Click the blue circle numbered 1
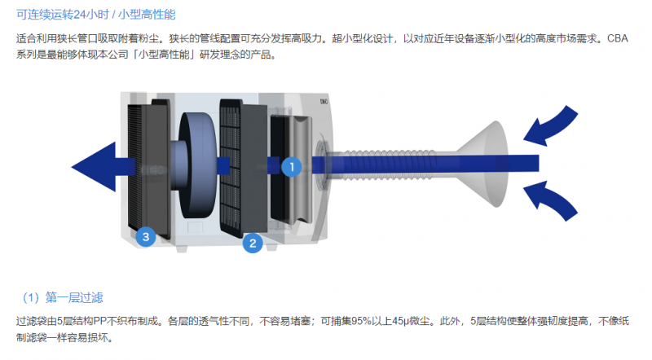pos(292,167)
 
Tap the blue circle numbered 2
pos(253,244)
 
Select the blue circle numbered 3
pos(146,237)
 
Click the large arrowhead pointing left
pos(94,167)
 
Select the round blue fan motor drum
pos(196,165)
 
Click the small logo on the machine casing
pos(324,102)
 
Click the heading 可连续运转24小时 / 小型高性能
pos(96,15)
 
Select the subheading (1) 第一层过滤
pos(63,297)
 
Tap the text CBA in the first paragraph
pos(618,38)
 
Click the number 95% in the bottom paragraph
pos(361,322)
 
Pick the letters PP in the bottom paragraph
pos(100,322)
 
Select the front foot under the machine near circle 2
pos(271,248)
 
